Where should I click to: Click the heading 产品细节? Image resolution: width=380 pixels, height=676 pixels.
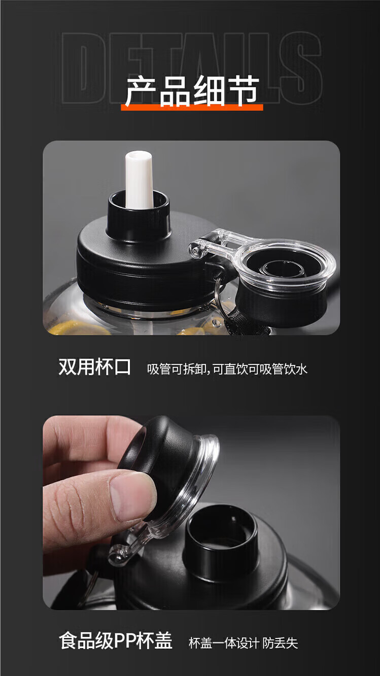pos(192,91)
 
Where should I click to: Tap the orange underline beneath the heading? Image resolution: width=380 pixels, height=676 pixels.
pos(192,107)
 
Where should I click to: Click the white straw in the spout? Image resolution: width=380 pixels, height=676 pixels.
pos(139,180)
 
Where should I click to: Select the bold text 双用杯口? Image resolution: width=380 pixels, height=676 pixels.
pos(94,367)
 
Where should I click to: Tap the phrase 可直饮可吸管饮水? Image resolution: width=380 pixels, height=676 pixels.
pos(260,369)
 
